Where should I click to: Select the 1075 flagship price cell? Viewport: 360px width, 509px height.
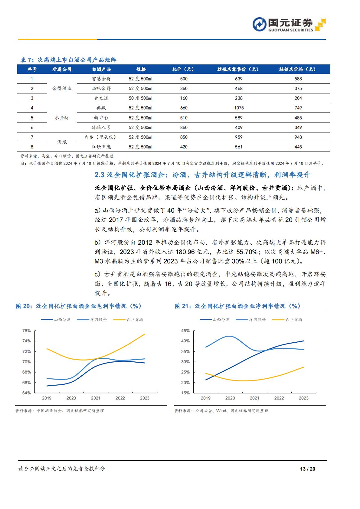239,108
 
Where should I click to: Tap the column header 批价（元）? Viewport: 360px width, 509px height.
183,69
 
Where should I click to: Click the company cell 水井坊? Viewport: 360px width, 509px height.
62,118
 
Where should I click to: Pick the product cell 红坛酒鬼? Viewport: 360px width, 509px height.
101,147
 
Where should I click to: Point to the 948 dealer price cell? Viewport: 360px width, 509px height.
298,137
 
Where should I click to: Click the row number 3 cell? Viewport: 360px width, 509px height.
32,98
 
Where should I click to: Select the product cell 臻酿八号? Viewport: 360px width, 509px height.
101,128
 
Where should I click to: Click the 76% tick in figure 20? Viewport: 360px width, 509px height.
27,331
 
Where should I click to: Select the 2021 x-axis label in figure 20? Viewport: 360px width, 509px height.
96,398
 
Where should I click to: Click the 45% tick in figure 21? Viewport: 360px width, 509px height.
185,331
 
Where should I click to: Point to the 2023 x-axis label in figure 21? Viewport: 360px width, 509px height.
303,398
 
